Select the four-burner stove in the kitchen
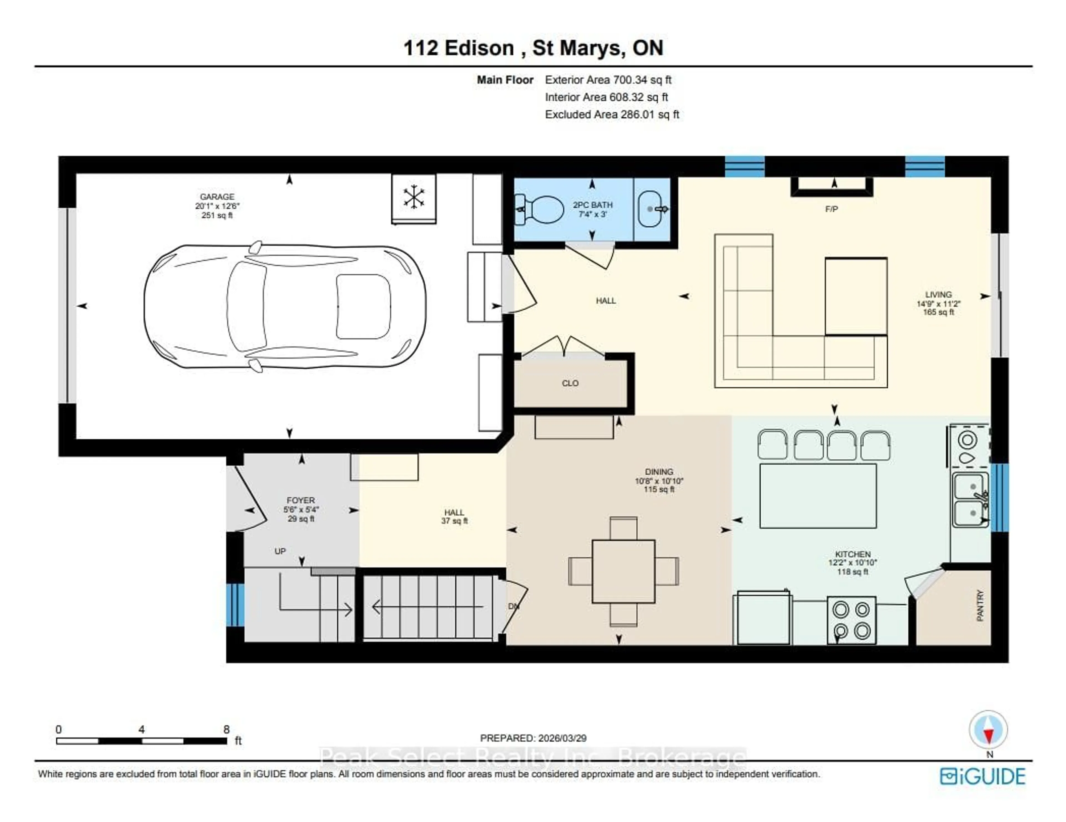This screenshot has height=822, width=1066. pos(851,620)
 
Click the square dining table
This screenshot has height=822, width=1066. pos(623,571)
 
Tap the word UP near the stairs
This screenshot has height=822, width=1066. pos(280,551)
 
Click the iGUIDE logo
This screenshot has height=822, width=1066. pos(982,776)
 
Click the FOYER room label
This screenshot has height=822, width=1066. pos(301,500)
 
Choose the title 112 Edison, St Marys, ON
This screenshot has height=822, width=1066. pos(533,48)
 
